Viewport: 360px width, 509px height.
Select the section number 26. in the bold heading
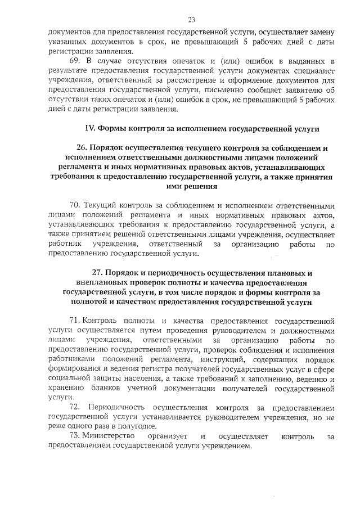pyautogui.click(x=82, y=148)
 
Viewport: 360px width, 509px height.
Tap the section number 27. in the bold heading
pyautogui.click(x=97, y=273)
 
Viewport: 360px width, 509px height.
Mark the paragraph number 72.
pyautogui.click(x=74, y=407)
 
